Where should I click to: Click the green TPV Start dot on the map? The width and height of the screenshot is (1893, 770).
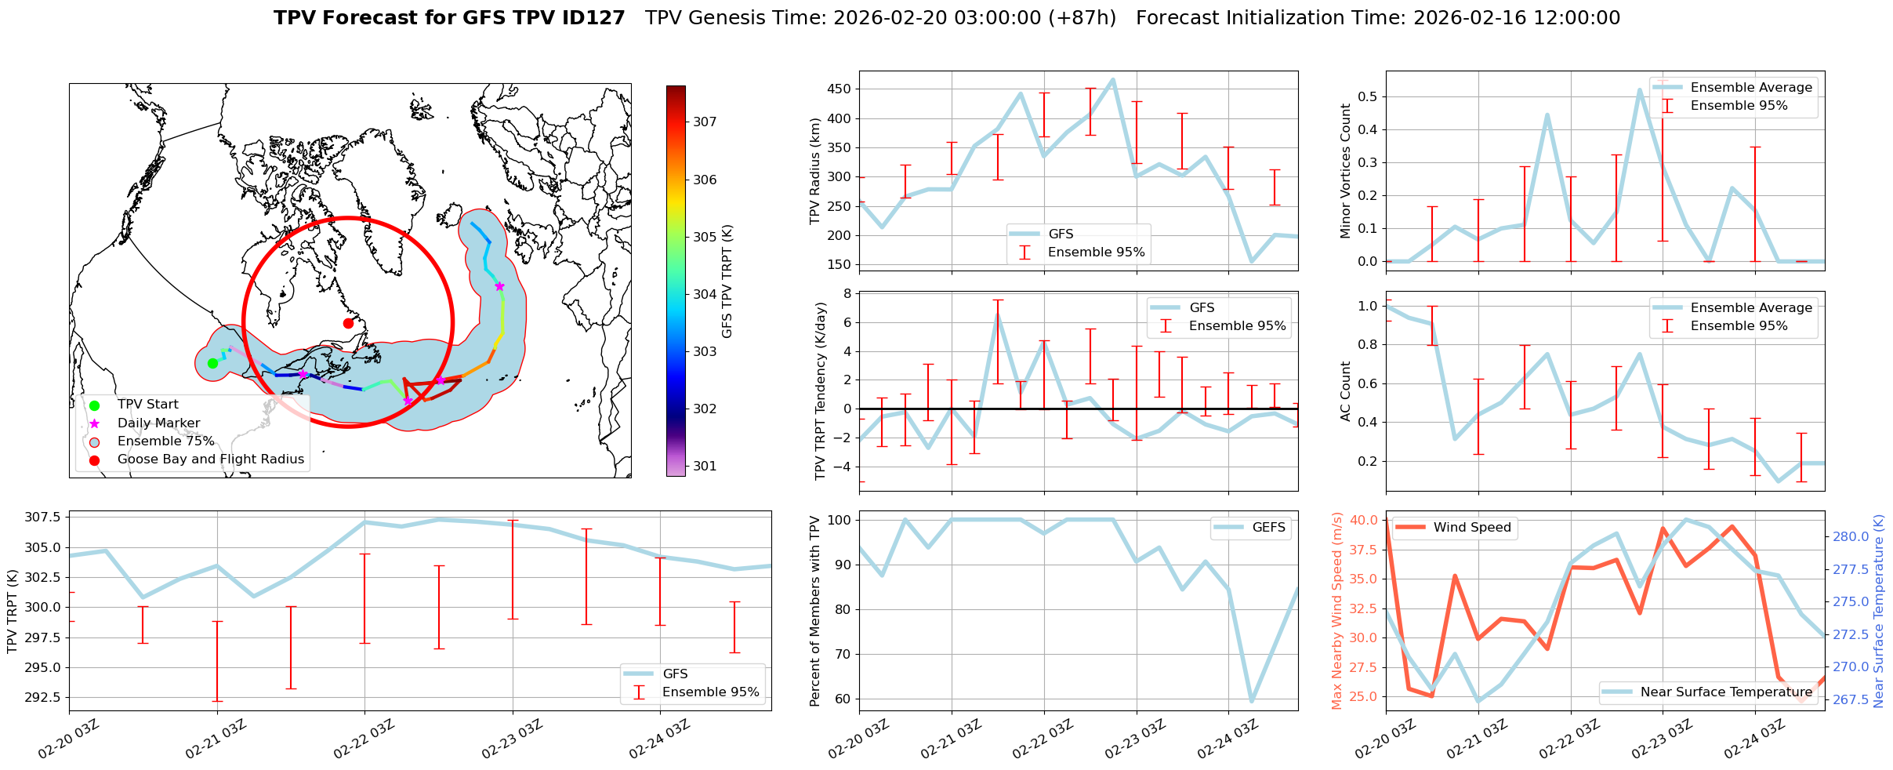coord(212,363)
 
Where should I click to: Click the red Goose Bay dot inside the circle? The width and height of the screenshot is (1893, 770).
coord(348,323)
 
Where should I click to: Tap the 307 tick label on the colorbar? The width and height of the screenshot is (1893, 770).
coord(705,122)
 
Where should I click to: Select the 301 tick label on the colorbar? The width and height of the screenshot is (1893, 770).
coord(705,466)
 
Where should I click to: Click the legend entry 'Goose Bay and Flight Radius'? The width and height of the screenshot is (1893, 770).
coord(210,459)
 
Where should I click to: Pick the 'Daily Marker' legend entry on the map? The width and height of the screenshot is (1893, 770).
coord(158,423)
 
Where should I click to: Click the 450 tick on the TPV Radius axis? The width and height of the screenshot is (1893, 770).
coord(839,89)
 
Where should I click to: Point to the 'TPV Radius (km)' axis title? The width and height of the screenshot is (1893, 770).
coord(815,171)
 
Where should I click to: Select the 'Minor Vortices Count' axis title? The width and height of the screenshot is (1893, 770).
coord(1346,171)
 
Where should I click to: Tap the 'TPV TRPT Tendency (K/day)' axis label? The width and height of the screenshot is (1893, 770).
coord(821,391)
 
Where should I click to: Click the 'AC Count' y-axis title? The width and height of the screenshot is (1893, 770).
coord(1346,391)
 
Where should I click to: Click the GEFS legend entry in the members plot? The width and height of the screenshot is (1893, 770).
coord(1268,528)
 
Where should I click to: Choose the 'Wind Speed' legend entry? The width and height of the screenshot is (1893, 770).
coord(1471,528)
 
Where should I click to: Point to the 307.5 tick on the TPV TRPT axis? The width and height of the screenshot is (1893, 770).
coord(46,518)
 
